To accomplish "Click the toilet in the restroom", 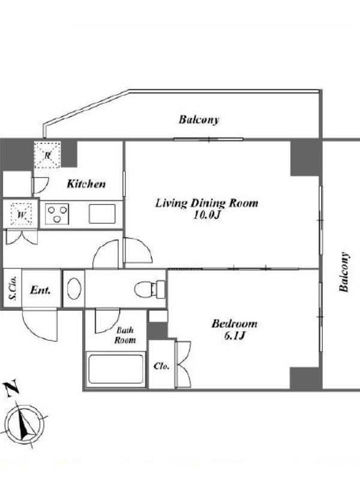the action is (x=149, y=289).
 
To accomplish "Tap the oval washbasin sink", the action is (x=74, y=289).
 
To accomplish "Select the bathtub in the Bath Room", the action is (x=116, y=369).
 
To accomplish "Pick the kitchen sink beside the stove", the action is (x=102, y=214).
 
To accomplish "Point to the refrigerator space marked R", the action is (x=47, y=155).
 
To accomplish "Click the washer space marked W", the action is (x=20, y=214).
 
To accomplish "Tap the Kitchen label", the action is (x=86, y=184).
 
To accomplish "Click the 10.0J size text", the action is (x=206, y=215).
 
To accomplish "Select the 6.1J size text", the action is (x=235, y=336).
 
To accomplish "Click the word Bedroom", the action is (x=234, y=324).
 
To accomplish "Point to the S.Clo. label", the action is (x=13, y=288).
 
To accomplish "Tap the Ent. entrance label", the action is (x=40, y=290).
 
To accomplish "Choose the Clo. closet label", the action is (x=161, y=366).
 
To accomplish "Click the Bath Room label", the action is (x=125, y=335).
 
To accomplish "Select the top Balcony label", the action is (x=199, y=119).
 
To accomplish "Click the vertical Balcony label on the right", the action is (x=344, y=272).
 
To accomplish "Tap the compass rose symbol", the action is (x=24, y=424).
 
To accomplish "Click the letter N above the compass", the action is (x=11, y=388).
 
